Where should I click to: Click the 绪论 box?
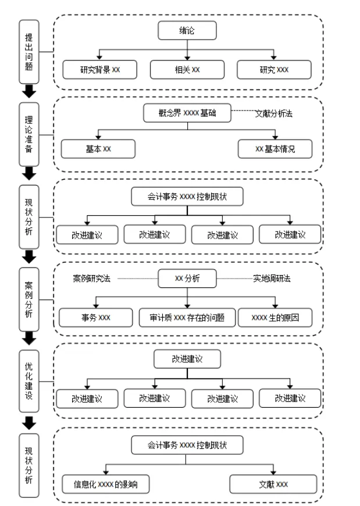pos(187,31)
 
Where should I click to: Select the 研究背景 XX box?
pos(99,69)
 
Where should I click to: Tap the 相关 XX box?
pos(187,69)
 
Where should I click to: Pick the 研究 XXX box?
pos(274,69)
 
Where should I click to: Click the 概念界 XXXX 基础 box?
pos(187,113)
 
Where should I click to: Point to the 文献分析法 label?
pos(274,113)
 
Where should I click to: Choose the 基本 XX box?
pos(98,149)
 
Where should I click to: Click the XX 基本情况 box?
pos(275,149)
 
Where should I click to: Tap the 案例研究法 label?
pos(92,279)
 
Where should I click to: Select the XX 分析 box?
pos(187,279)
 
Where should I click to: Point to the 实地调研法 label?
pos(272,279)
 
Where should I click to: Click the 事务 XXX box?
pos(96,318)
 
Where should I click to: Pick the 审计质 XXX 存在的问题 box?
pos(187,318)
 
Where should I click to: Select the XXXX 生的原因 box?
pos(275,318)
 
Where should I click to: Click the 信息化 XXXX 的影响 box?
pos(105,484)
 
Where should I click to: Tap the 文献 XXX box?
pos(273,484)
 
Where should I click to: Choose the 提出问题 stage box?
pos(29,52)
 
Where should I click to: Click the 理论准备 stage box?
pos(29,134)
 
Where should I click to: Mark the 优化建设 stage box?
pos(29,381)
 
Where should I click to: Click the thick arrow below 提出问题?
pos(29,91)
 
